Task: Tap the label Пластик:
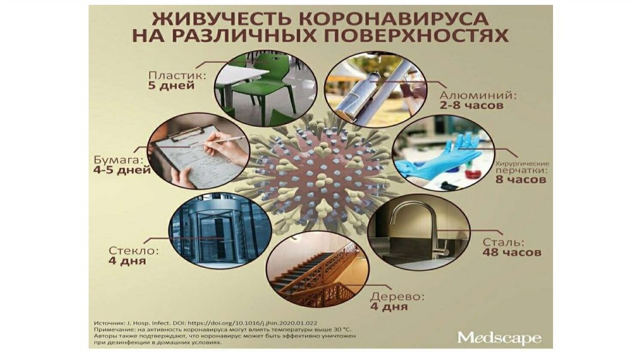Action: point(176,75)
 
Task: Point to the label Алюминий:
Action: point(478,95)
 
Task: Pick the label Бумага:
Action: point(119,160)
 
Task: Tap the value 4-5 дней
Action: point(122,170)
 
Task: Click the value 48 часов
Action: point(512,252)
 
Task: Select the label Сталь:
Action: point(503,242)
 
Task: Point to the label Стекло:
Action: point(133,251)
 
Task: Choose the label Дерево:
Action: point(397,297)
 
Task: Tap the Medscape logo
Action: point(499,338)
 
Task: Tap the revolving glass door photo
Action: point(220,231)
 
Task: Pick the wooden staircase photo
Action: point(317,269)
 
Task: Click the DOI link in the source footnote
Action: point(252,323)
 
